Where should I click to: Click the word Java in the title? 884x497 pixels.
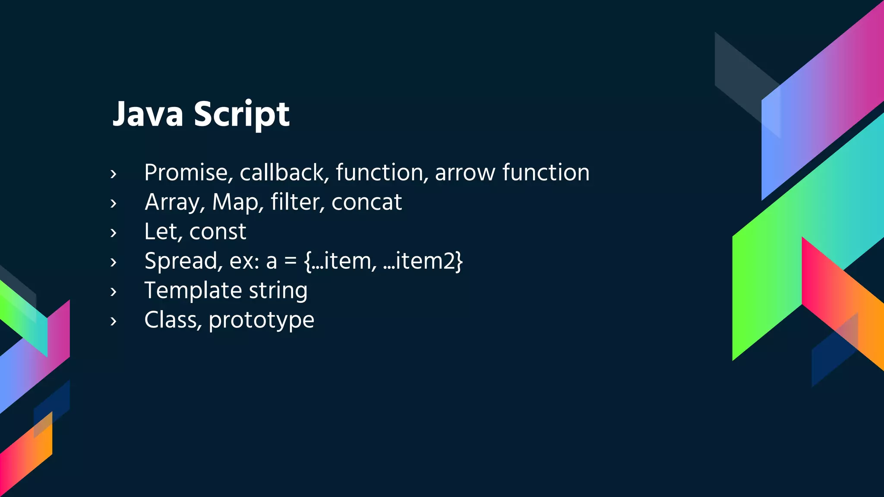click(x=148, y=114)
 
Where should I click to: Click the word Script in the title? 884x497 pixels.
click(x=241, y=114)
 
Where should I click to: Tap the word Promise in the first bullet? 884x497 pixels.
click(x=188, y=173)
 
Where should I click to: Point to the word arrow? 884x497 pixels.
click(x=465, y=173)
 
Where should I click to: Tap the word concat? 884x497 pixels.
click(x=366, y=202)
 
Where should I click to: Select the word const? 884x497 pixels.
click(x=218, y=232)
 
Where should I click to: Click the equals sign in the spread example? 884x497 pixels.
click(x=290, y=261)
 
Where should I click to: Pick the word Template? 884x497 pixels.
click(x=193, y=291)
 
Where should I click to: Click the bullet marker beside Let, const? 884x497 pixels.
click(x=114, y=233)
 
